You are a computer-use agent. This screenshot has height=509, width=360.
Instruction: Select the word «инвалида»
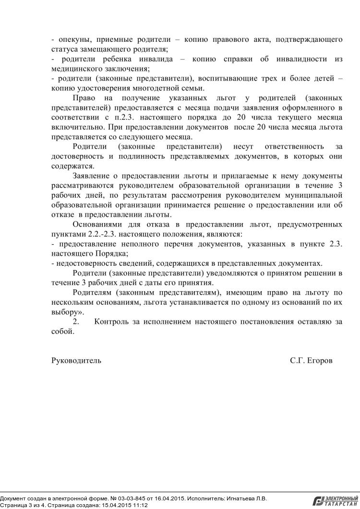(151, 59)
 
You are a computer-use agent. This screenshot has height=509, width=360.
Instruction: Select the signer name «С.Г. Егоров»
(311, 360)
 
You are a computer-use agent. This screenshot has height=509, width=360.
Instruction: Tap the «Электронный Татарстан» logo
(336, 501)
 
